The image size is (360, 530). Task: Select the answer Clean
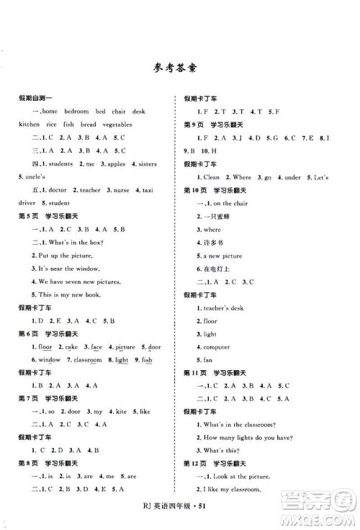[211, 177]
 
